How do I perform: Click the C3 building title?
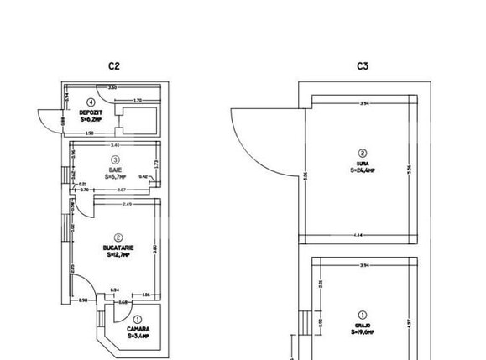pyautogui.click(x=363, y=65)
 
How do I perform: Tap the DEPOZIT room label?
pyautogui.click(x=91, y=112)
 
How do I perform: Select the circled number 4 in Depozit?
pyautogui.click(x=90, y=103)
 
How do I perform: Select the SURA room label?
pyautogui.click(x=363, y=163)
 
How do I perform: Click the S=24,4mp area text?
pyautogui.click(x=363, y=170)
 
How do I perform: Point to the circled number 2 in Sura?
pyautogui.click(x=363, y=153)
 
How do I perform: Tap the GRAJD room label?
pyautogui.click(x=363, y=325)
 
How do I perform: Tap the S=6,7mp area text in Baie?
pyautogui.click(x=116, y=177)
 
